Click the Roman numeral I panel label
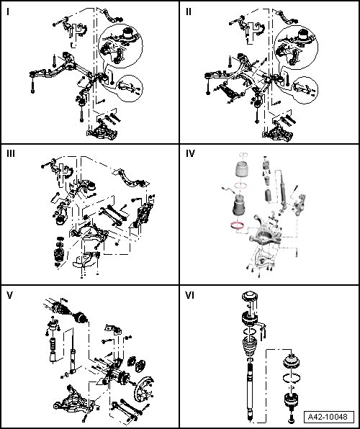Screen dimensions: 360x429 coord(8,12)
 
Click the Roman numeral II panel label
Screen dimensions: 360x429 coord(189,12)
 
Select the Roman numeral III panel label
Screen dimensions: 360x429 coord(11,154)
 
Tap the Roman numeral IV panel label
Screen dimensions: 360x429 coord(190,154)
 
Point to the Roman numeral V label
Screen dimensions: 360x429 coord(9,296)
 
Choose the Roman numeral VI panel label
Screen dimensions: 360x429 coord(189,296)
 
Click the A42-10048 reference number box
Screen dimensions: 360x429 coord(329,417)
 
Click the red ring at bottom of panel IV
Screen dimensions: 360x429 coord(237,226)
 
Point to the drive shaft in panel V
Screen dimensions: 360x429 coord(66,310)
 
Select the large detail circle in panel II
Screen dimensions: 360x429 coord(296,47)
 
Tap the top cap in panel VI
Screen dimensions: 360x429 coord(250,297)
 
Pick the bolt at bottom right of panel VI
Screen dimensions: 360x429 coord(291,417)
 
